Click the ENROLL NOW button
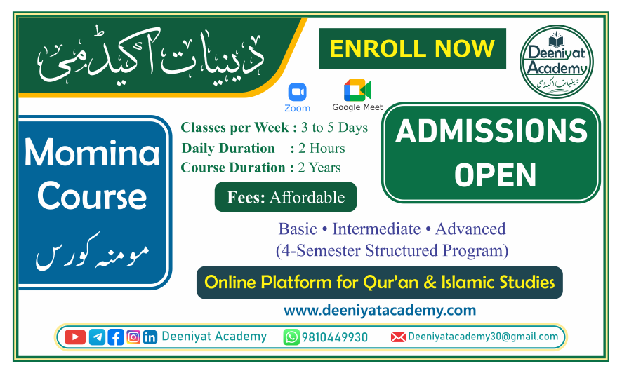pyautogui.click(x=412, y=48)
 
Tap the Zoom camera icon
pyautogui.click(x=298, y=92)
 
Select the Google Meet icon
pyautogui.click(x=357, y=90)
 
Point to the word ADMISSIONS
pyautogui.click(x=491, y=133)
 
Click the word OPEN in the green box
pyautogui.click(x=491, y=175)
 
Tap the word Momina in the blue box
pyautogui.click(x=92, y=152)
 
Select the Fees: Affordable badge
pyautogui.click(x=286, y=198)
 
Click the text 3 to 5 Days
pyautogui.click(x=334, y=128)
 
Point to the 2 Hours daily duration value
pyautogui.click(x=322, y=148)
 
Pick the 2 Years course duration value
pyautogui.click(x=319, y=168)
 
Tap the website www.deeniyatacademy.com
pyautogui.click(x=380, y=310)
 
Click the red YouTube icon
pyautogui.click(x=75, y=337)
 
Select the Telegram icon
pyautogui.click(x=98, y=337)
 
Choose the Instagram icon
pyautogui.click(x=133, y=337)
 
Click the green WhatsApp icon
pyautogui.click(x=291, y=337)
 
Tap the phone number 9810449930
pyautogui.click(x=335, y=337)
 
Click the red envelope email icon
pyautogui.click(x=398, y=337)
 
